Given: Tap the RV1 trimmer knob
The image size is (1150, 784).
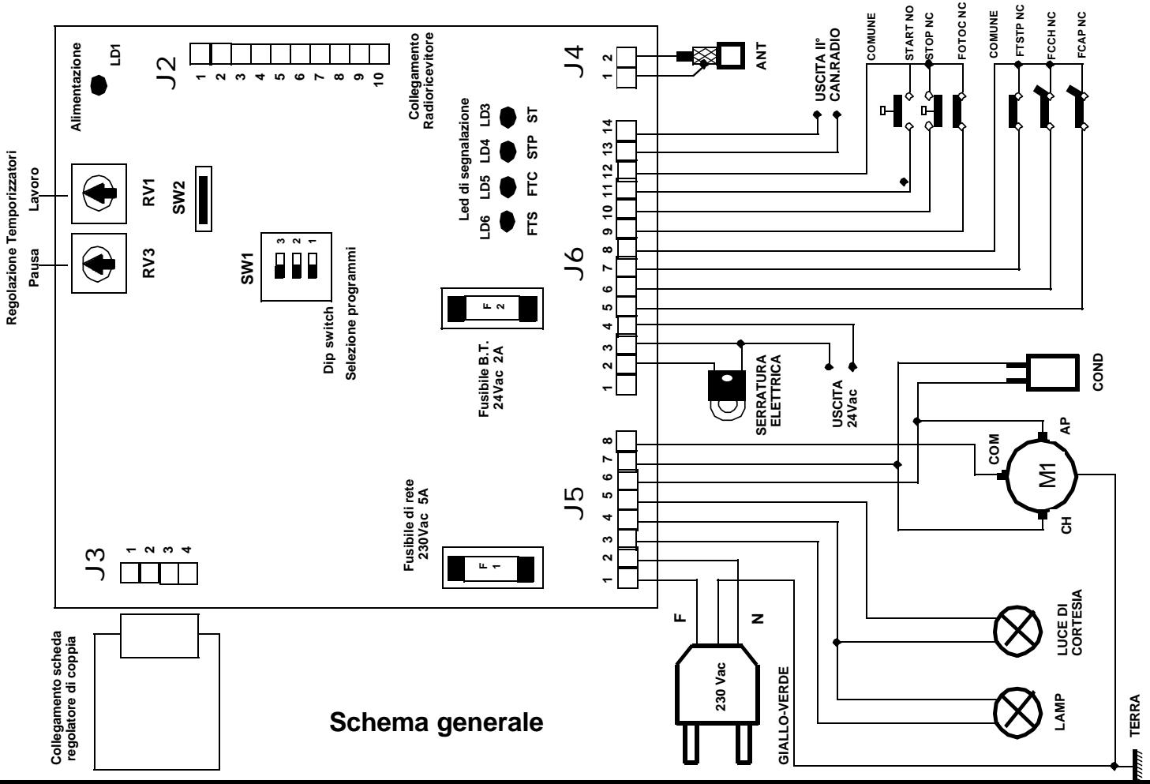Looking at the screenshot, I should [x=99, y=193].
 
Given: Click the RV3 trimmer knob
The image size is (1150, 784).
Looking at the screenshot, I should [x=99, y=262].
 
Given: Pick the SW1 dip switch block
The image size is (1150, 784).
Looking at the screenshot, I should [x=294, y=265].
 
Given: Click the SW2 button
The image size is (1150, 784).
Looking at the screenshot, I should [x=204, y=197].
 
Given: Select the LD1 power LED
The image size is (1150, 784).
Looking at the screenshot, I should [x=99, y=85].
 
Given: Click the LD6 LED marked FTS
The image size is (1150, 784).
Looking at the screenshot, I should [x=509, y=222].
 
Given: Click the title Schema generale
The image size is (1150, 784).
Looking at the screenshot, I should [x=436, y=722].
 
